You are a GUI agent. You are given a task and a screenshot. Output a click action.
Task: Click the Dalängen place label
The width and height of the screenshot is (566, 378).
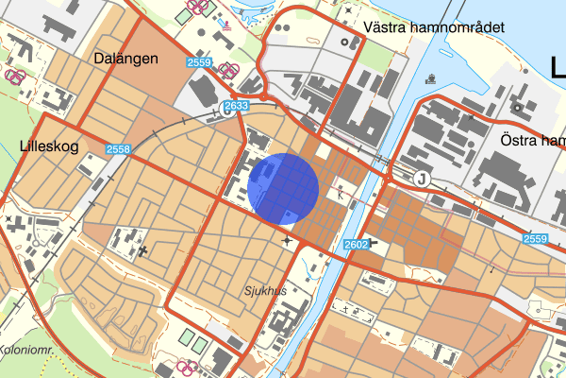[x=125, y=59]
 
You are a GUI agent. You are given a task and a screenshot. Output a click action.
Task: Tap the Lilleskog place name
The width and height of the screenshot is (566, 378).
[x=46, y=146]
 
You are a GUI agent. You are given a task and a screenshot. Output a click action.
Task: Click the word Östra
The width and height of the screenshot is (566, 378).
[x=518, y=140]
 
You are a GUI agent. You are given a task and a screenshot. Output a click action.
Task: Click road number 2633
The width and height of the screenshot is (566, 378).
[x=236, y=107]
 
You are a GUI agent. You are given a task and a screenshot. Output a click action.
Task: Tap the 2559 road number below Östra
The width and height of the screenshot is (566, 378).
[x=536, y=240]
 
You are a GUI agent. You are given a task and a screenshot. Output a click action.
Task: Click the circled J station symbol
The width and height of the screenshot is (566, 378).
[x=421, y=179]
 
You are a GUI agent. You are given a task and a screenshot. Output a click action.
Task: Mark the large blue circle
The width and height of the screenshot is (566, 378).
[x=285, y=189]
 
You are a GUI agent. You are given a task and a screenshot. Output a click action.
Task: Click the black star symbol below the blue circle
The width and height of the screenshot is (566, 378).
[x=287, y=242]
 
